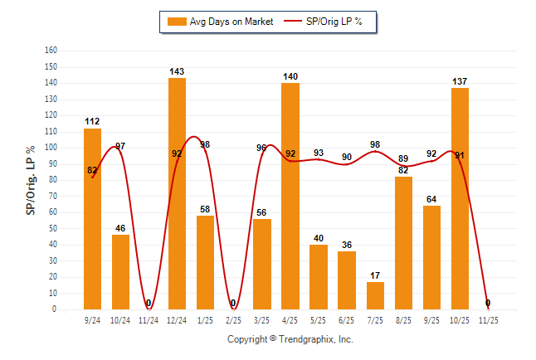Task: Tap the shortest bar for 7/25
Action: click(375, 295)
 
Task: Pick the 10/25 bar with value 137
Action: click(460, 198)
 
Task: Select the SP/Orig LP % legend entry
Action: click(324, 22)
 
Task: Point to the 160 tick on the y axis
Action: click(51, 50)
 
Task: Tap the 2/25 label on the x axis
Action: click(233, 319)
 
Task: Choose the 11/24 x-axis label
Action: click(149, 319)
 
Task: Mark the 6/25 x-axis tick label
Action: click(347, 319)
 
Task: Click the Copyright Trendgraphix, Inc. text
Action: click(290, 339)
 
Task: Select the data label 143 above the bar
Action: click(177, 71)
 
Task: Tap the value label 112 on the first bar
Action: click(92, 122)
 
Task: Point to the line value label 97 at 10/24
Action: click(120, 146)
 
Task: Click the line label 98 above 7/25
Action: click(375, 144)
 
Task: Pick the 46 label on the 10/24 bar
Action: click(120, 228)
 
